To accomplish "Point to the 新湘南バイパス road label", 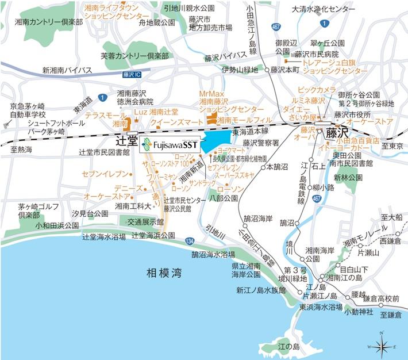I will click(x=67, y=70).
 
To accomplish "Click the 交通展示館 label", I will click(x=145, y=221).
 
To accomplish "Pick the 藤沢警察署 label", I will click(x=260, y=143).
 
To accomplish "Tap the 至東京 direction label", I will click(x=394, y=145).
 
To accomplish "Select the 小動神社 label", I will click(x=358, y=311).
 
